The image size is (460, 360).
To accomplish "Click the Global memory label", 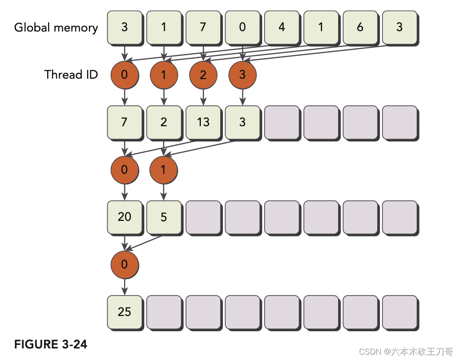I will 56,28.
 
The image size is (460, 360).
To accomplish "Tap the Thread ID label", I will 71,74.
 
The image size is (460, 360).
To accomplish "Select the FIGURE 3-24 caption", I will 51,344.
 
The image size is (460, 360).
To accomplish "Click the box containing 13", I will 203,122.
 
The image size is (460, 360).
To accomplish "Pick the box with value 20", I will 125,217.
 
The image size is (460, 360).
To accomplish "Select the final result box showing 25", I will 125,312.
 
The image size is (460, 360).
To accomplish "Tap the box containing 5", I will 164,217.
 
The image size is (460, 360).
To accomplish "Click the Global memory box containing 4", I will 282,28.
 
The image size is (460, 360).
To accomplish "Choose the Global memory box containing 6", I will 360,28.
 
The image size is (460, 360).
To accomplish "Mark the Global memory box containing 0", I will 242,28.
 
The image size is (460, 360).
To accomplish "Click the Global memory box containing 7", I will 203,28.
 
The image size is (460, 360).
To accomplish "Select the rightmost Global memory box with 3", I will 399,28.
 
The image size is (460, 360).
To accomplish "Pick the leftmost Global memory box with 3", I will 125,28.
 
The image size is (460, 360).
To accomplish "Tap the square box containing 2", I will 164,122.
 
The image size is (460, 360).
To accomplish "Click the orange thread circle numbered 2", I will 203,75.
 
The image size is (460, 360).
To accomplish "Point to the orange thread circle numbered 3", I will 242,75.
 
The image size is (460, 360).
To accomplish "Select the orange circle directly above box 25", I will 125,264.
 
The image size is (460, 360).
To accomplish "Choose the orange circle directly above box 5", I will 164,169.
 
